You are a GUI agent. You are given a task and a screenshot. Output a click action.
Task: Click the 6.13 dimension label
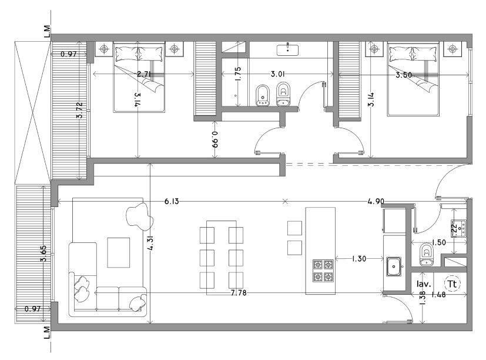point(172,201)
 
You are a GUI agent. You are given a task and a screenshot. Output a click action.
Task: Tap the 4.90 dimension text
point(376,201)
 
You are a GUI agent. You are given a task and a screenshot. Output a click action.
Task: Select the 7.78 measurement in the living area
point(239,293)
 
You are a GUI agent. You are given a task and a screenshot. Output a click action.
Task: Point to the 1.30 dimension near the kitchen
point(359,258)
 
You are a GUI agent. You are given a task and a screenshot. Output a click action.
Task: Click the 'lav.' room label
point(424,284)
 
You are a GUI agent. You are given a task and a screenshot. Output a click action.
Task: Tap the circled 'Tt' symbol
point(453,284)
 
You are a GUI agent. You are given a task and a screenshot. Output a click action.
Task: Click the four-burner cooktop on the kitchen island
point(323,271)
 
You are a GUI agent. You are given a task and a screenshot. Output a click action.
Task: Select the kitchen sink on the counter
point(394,266)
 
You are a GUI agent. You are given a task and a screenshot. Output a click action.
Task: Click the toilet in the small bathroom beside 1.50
point(427,255)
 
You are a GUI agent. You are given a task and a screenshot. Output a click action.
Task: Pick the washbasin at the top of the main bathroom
point(287,50)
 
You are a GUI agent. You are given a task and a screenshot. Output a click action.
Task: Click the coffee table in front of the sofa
point(118,252)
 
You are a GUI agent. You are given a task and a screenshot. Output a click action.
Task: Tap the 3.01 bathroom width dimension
point(278,74)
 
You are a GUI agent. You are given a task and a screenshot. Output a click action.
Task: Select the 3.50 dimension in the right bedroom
point(404,75)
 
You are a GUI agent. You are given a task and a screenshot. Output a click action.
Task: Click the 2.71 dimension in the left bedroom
point(144,74)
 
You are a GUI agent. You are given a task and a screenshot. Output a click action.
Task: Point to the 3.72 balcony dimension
point(80,110)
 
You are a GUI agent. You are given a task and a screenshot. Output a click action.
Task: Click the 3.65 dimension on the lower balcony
point(43,254)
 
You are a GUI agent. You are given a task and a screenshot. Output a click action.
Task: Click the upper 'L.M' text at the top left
point(47,32)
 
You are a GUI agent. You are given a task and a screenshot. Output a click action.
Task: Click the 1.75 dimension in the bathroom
point(238,74)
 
